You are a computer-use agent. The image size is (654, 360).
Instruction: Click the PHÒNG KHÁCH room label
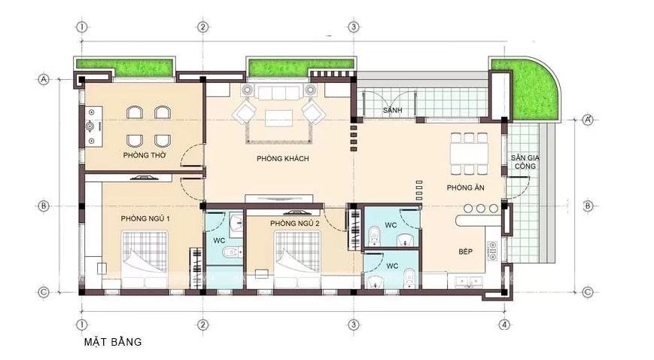[x=283, y=159]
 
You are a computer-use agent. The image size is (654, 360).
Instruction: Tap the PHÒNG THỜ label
[x=144, y=155]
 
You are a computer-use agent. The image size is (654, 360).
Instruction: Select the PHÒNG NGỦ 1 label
[x=145, y=218]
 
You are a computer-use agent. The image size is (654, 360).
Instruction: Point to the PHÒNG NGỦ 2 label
[x=295, y=224]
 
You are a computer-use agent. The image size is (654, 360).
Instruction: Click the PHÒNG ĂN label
[x=465, y=188]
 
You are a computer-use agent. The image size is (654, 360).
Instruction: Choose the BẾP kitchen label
[x=465, y=252]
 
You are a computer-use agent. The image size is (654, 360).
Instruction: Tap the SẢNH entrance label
[x=393, y=110]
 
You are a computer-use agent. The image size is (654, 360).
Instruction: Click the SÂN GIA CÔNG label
[x=525, y=162]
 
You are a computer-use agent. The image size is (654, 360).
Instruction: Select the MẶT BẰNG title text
[x=113, y=342]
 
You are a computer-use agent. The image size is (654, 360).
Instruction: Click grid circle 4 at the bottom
[x=504, y=325]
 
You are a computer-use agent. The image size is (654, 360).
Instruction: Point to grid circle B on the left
[x=44, y=206]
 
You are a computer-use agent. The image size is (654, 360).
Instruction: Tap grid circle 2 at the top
[x=202, y=27]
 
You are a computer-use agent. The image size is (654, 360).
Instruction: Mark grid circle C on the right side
[x=587, y=292]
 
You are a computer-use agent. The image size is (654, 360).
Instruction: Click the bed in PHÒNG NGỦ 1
[x=144, y=259]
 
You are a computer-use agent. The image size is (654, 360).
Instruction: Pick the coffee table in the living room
[x=278, y=117]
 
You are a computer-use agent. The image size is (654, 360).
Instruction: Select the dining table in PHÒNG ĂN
[x=469, y=154]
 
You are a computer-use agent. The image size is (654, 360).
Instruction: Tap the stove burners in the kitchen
[x=492, y=251]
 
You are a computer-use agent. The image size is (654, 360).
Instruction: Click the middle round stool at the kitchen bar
[x=481, y=209]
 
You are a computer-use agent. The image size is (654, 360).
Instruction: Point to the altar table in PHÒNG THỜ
[x=94, y=126]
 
